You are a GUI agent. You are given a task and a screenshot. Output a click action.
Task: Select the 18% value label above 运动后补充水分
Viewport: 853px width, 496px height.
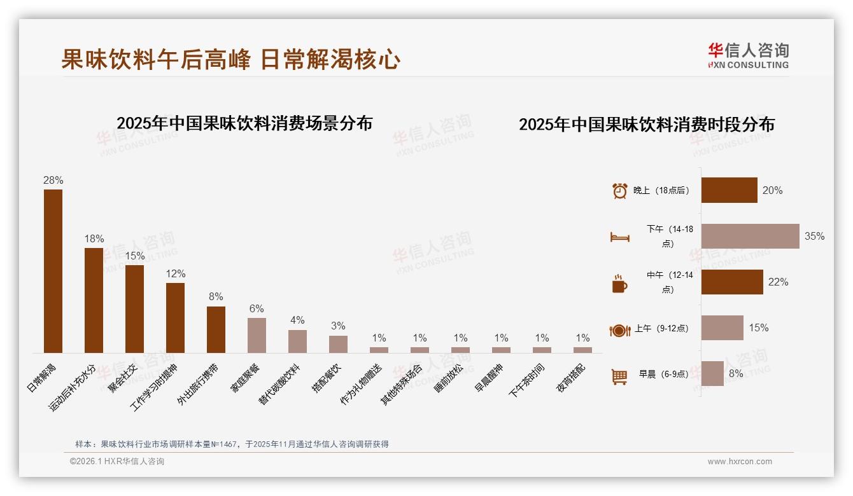94,239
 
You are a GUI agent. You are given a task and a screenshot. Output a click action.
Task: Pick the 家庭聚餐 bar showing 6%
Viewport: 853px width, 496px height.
257,335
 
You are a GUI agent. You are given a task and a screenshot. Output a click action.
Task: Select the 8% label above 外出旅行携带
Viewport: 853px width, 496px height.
216,297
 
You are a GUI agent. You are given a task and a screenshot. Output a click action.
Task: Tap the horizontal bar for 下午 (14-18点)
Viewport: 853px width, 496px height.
750,236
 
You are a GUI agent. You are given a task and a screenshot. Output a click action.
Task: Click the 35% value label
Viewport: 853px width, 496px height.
814,237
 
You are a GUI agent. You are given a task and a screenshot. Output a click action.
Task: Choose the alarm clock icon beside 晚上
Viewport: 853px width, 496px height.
619,191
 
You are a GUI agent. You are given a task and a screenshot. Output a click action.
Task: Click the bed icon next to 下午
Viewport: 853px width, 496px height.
619,237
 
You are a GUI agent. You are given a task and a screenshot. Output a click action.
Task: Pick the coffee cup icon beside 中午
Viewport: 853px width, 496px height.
619,284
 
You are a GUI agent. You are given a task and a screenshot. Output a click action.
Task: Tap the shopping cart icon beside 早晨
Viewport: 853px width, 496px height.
619,376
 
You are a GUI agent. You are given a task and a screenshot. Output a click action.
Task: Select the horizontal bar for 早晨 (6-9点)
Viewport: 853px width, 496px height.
712,374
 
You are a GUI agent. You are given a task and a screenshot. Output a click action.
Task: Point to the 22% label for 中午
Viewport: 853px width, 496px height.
778,282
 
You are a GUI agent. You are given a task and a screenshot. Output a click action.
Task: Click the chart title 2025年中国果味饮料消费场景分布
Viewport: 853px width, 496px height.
244,123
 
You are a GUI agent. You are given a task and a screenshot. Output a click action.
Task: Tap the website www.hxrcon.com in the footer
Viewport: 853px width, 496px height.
739,462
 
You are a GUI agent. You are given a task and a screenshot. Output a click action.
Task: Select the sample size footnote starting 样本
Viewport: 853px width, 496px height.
232,444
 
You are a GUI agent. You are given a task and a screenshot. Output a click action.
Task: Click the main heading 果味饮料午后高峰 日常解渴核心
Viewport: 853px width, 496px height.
230,60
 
